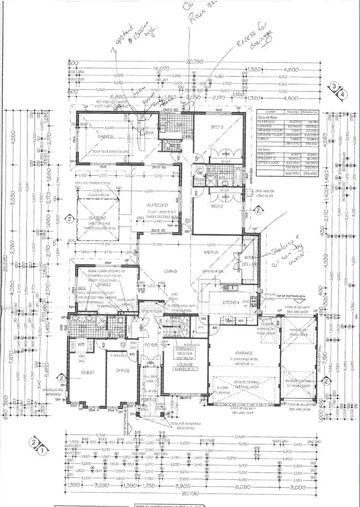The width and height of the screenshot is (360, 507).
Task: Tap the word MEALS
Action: (212, 252)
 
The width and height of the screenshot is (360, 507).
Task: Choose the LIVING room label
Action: (170, 271)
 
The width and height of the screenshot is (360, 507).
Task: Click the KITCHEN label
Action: (231, 302)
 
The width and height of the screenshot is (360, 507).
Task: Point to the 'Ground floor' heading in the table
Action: (269, 117)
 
